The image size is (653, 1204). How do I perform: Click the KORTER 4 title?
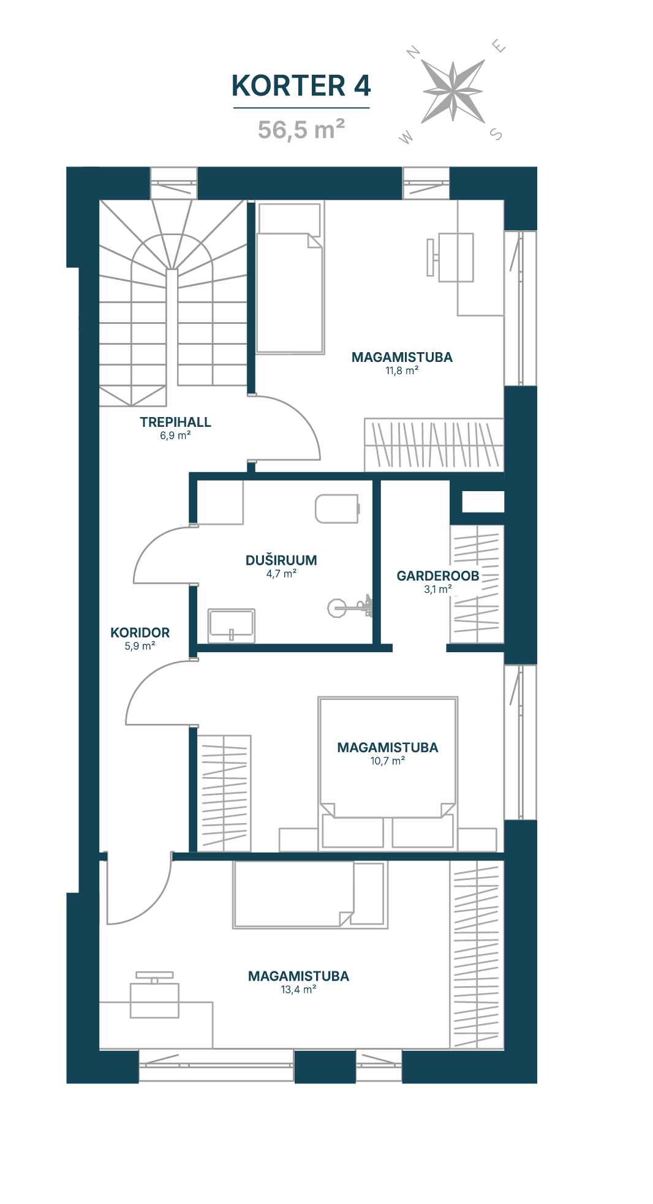click(x=301, y=86)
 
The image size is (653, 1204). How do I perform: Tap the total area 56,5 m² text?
click(x=301, y=129)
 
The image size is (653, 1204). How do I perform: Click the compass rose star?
click(x=453, y=91)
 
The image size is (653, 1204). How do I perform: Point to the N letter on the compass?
click(x=413, y=53)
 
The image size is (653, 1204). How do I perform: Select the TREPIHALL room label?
click(x=175, y=422)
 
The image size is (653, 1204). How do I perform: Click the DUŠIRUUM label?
click(x=281, y=560)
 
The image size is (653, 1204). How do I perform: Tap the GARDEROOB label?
click(x=438, y=576)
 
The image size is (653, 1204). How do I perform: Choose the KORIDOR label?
click(x=140, y=633)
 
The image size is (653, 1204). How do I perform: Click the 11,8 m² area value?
click(x=402, y=371)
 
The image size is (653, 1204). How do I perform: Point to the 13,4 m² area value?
click(x=298, y=990)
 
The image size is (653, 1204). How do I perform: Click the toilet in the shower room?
click(x=337, y=508)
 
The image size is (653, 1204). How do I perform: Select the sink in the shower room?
click(x=232, y=625)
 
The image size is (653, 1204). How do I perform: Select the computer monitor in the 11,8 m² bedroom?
click(x=431, y=257)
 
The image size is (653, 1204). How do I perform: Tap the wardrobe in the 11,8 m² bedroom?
click(x=434, y=445)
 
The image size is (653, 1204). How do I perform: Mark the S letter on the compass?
click(x=496, y=134)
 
